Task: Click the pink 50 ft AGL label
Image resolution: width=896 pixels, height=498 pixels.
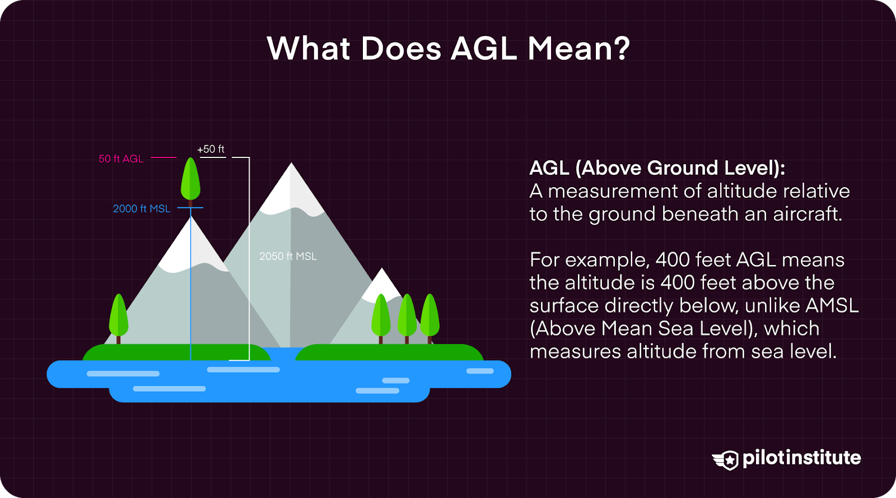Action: pyautogui.click(x=121, y=159)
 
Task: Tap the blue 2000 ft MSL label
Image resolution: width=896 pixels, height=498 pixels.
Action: pyautogui.click(x=142, y=209)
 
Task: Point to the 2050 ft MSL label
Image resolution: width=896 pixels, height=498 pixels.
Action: pyautogui.click(x=288, y=256)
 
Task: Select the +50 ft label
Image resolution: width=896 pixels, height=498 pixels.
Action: pyautogui.click(x=211, y=149)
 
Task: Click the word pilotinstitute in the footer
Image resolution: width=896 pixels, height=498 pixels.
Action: pyautogui.click(x=801, y=458)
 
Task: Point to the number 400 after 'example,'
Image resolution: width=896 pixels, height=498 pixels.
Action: pyautogui.click(x=675, y=260)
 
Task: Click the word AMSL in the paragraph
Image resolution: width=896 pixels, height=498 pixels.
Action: pyautogui.click(x=832, y=305)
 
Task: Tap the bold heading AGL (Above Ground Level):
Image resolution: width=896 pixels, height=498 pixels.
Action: pyautogui.click(x=657, y=167)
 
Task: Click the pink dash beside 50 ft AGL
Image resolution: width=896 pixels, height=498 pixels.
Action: pyautogui.click(x=164, y=157)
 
